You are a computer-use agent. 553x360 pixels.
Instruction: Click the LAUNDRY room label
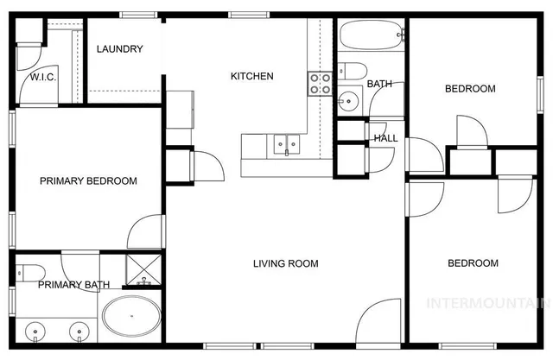click(119, 49)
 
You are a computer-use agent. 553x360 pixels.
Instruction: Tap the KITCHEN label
click(251, 77)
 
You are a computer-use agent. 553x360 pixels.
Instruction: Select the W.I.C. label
click(43, 78)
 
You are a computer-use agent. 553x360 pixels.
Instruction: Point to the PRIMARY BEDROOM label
click(89, 181)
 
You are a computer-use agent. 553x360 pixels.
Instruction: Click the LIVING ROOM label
click(285, 264)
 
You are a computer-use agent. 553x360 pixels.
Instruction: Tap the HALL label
click(385, 138)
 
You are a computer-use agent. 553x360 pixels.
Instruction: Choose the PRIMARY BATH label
click(73, 285)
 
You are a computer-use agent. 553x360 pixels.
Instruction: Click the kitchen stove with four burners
click(321, 83)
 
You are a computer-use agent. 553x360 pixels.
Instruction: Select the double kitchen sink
click(285, 144)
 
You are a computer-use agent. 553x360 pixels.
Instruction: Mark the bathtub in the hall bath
click(371, 36)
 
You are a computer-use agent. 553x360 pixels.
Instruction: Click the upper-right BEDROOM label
click(470, 89)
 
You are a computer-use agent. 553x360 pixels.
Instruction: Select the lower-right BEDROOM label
click(473, 263)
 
